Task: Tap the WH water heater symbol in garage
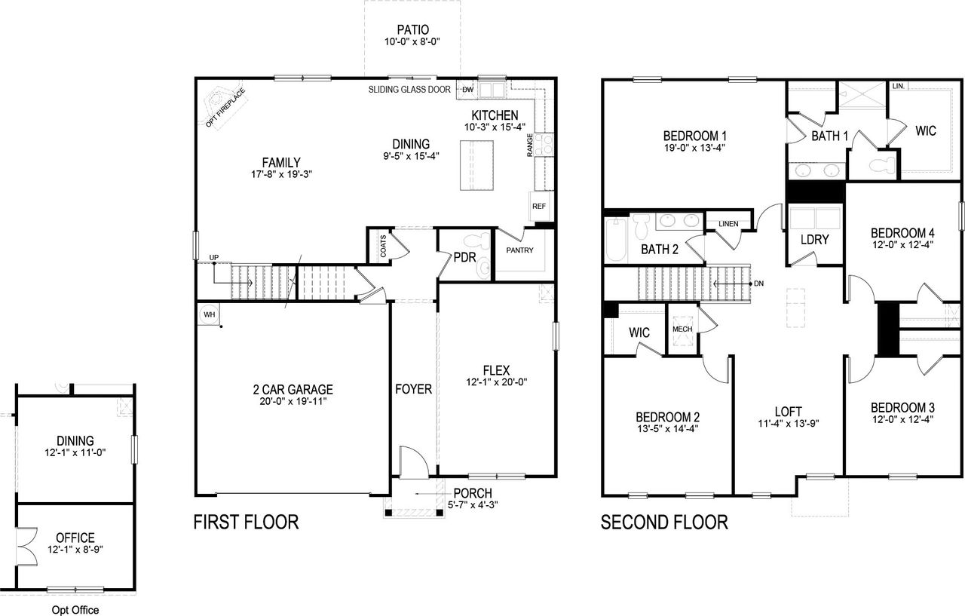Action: tap(209, 314)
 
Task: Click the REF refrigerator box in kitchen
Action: tap(539, 206)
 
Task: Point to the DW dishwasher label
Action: tap(467, 90)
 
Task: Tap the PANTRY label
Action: tap(520, 250)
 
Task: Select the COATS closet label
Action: tap(383, 245)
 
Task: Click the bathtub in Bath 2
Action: tap(615, 240)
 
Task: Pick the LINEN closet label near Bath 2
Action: tap(728, 224)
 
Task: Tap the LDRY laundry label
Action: tap(815, 240)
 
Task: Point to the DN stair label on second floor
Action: tap(758, 283)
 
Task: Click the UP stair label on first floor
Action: tap(214, 258)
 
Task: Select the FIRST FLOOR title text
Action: tap(246, 522)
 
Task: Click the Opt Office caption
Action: tap(75, 610)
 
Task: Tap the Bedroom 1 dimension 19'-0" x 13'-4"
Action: tap(694, 148)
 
